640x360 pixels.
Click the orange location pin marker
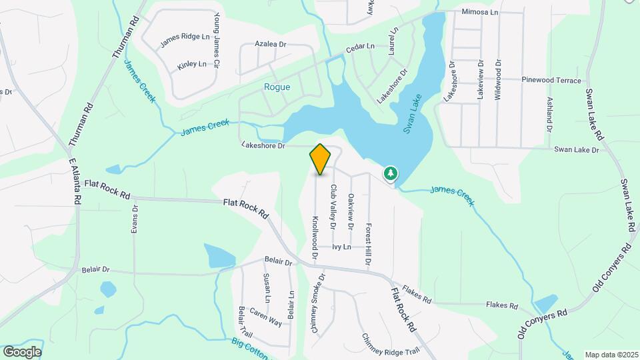point(320,159)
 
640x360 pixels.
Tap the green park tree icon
point(390,174)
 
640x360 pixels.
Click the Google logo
point(22,352)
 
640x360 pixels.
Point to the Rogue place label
point(277,87)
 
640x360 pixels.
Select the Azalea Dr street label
point(270,44)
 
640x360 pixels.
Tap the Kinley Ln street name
point(191,65)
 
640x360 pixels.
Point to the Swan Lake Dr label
point(577,150)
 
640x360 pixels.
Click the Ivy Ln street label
point(343,247)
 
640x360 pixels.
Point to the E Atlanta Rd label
point(75,181)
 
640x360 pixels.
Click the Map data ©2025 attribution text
point(610,355)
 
